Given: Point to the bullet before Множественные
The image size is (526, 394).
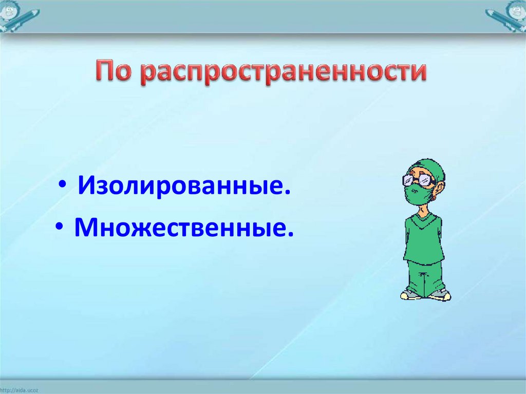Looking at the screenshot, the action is tap(60, 227).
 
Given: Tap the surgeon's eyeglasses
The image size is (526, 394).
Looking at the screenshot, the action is tap(418, 180).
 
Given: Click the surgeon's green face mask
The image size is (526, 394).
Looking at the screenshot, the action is tap(418, 194).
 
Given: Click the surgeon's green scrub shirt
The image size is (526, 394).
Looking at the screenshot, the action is tap(424, 239).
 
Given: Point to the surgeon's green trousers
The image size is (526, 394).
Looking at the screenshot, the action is tap(425, 278).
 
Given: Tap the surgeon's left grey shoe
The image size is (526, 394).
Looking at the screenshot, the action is tap(410, 295).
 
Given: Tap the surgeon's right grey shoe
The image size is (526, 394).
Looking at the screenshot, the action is tap(440, 295).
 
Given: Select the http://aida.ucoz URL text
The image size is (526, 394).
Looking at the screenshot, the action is tap(19, 390).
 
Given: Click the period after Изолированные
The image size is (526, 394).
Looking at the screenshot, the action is tap(287, 192).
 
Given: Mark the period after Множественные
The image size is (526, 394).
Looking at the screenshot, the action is tap(290, 233).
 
